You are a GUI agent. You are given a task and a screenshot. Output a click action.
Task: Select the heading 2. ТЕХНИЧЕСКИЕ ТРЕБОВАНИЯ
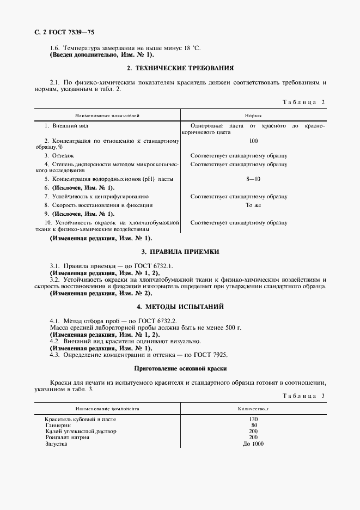[x=180, y=68]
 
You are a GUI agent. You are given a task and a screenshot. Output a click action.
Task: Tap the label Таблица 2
[x=304, y=102]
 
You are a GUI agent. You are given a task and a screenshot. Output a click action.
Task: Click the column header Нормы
[x=252, y=116]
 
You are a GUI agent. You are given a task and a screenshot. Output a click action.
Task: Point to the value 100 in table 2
[x=253, y=141]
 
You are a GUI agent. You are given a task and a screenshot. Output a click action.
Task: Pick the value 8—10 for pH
[x=253, y=179]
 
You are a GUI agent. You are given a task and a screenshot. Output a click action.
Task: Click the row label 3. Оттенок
[x=56, y=155]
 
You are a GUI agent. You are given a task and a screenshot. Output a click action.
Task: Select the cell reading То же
[x=253, y=205]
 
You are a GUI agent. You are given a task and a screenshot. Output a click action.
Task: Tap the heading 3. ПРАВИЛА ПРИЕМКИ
[x=180, y=252]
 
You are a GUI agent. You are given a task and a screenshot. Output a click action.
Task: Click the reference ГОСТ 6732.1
[x=154, y=265]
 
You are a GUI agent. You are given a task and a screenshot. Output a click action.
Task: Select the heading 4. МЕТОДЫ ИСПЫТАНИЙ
[x=180, y=307]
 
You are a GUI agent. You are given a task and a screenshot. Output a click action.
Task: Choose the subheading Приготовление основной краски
[x=180, y=368]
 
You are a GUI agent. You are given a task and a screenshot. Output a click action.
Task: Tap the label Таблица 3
[x=304, y=396]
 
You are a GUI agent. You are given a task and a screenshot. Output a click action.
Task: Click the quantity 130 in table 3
[x=253, y=419]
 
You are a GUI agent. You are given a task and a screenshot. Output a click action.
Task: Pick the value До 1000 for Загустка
[x=253, y=444]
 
